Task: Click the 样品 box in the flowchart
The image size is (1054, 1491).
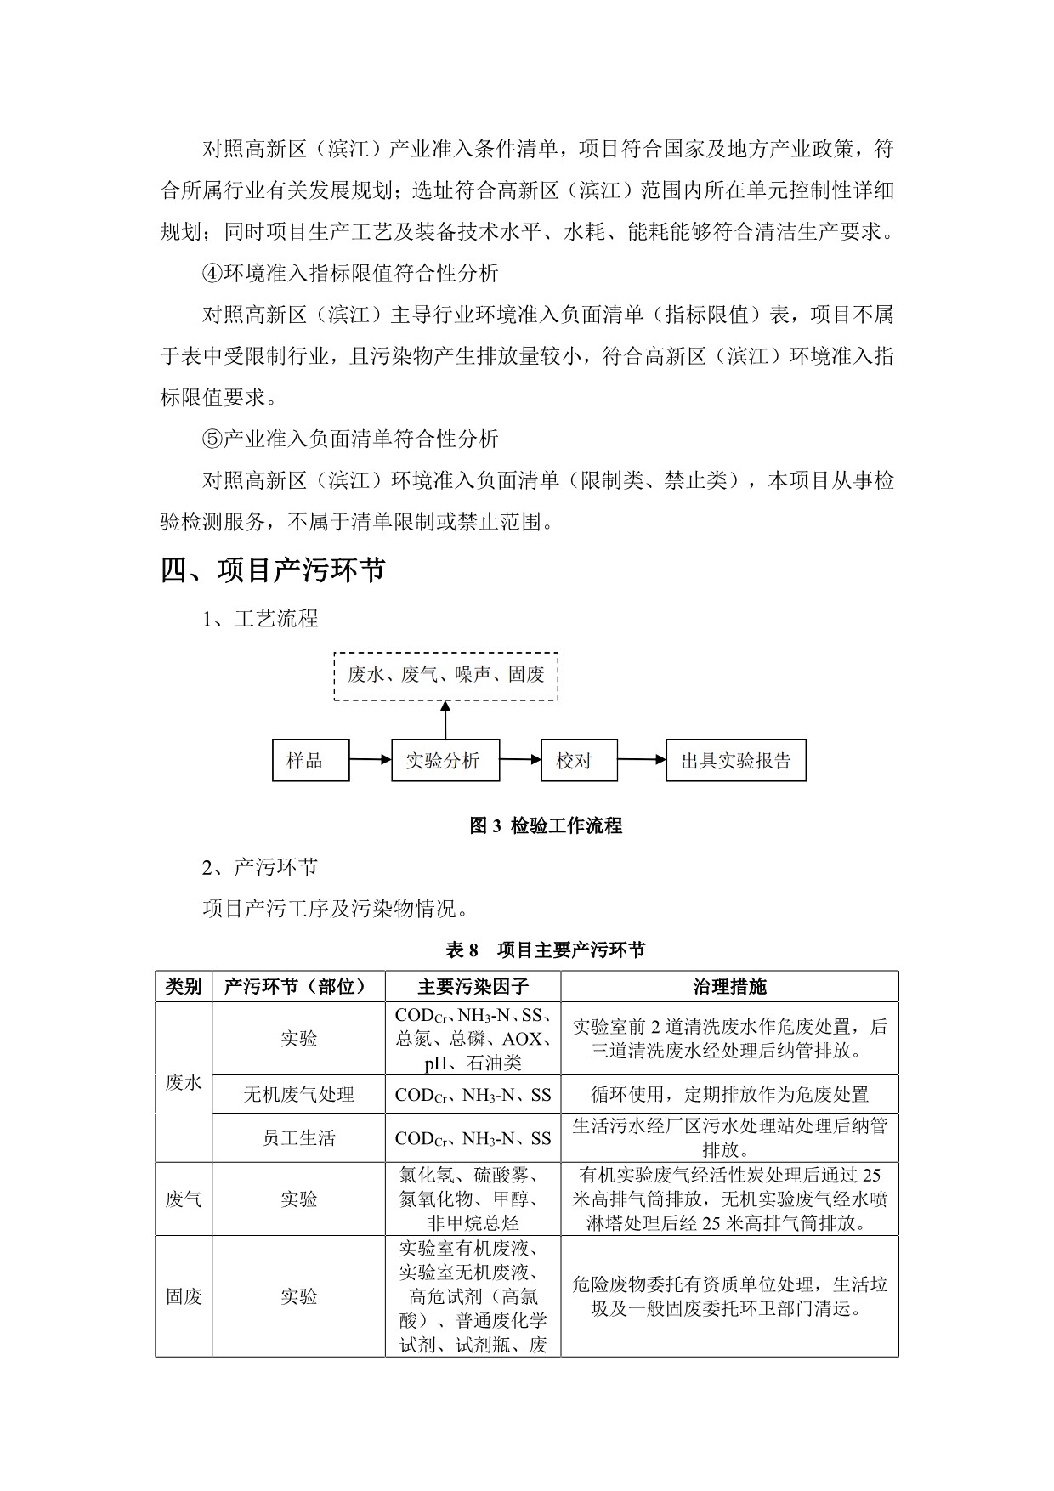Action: (310, 760)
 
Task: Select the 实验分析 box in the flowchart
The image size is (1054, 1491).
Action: (445, 760)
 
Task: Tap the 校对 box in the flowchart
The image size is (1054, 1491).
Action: (579, 760)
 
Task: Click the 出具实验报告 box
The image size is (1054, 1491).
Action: (735, 760)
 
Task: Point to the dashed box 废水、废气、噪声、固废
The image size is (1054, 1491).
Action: (445, 676)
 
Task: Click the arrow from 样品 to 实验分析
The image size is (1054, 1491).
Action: (370, 760)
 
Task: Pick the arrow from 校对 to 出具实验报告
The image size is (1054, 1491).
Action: (642, 760)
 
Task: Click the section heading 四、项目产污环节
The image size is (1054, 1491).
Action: (273, 570)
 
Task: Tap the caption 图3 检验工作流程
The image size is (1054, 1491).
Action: (546, 825)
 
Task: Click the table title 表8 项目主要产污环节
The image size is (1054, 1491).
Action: (545, 950)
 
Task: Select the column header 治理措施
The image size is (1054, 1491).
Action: (729, 986)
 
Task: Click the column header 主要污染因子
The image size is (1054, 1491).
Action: (473, 986)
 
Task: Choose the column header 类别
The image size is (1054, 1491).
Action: (184, 986)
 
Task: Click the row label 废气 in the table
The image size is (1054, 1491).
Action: (184, 1199)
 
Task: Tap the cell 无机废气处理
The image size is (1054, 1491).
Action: (298, 1094)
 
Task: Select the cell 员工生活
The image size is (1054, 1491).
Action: (298, 1137)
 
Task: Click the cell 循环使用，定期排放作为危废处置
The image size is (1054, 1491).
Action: (729, 1094)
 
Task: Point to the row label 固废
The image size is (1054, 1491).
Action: (184, 1295)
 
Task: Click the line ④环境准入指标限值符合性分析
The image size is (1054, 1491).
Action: (350, 273)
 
